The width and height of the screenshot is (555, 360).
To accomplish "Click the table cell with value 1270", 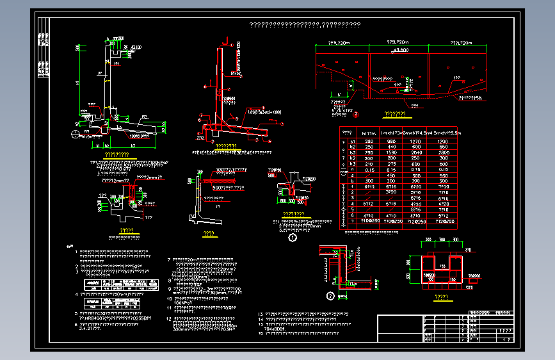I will point(415,141).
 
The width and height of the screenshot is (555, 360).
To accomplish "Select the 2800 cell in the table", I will point(441,152).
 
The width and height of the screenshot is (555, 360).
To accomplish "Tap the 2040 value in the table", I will point(415,152).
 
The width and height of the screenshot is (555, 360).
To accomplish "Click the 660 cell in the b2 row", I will point(441,147).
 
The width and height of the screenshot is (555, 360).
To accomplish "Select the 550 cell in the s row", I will point(441,176).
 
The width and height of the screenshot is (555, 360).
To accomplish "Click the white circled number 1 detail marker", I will point(293,237).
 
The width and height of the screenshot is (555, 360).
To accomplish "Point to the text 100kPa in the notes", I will point(183,303).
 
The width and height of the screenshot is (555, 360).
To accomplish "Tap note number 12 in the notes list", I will point(168,318).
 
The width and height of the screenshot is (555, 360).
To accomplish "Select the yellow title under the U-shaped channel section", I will point(441,297).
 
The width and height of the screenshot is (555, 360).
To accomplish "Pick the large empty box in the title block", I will point(400,329).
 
